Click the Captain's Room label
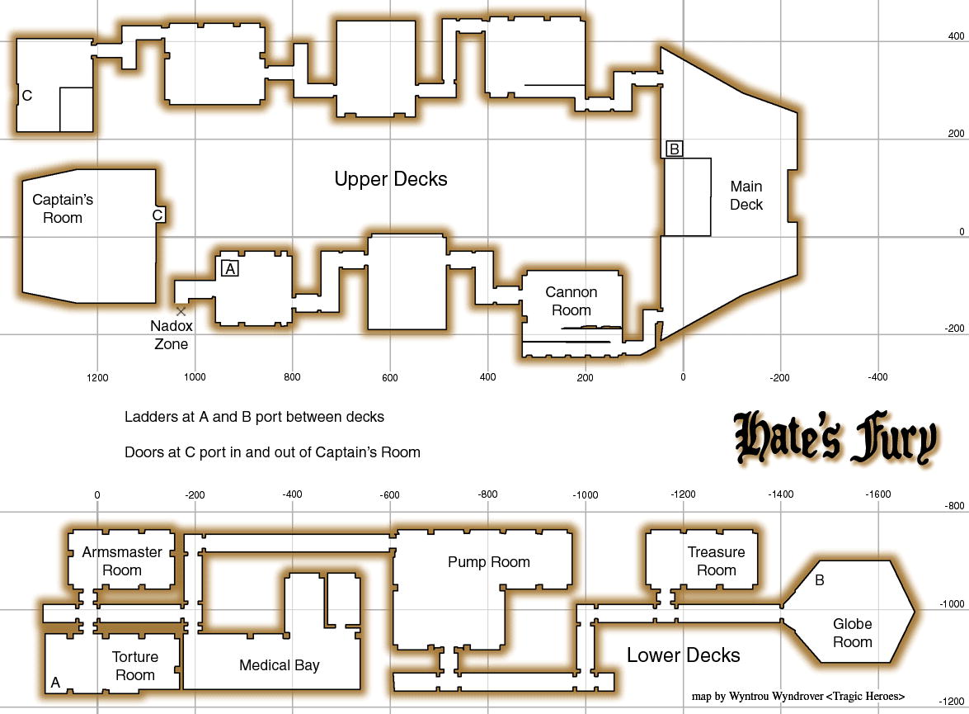coord(63,209)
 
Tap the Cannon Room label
coord(571,300)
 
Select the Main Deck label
coord(746,196)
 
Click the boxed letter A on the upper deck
coord(230,268)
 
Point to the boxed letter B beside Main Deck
coord(675,149)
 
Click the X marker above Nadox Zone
coord(181,311)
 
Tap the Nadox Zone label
coord(172,335)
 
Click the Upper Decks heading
coord(391,179)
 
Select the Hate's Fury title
coord(835,437)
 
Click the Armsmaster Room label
coord(122,560)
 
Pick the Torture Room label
coord(134,666)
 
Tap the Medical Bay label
coord(280,665)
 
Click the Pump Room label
coord(489,562)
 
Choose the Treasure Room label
coord(717,560)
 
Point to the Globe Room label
coord(852,633)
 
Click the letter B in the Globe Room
coord(820,580)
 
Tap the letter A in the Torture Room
coord(55,683)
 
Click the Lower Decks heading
coord(684,655)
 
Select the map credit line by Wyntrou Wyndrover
coord(797,696)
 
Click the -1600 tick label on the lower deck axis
coord(877,494)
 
